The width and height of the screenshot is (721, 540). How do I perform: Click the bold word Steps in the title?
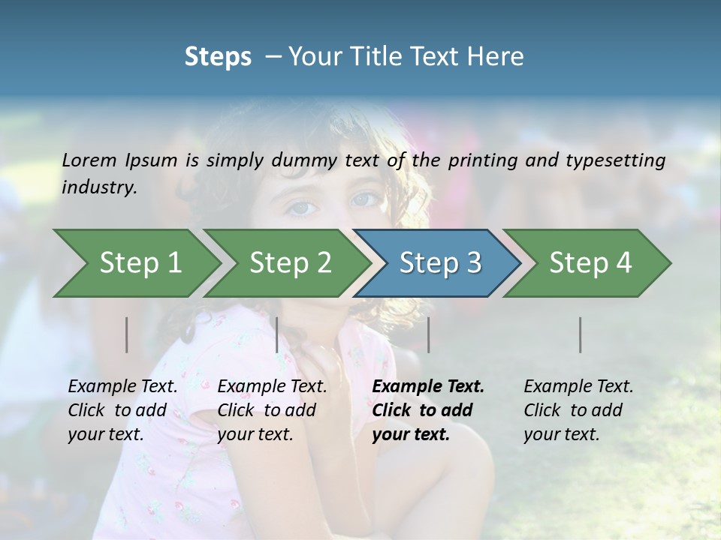[x=218, y=57]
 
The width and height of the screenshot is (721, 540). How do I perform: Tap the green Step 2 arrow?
[x=290, y=263]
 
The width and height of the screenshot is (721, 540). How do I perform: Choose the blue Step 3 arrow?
[x=440, y=263]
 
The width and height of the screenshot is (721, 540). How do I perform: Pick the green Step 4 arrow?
[x=590, y=263]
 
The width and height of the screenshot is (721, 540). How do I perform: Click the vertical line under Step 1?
[x=127, y=334]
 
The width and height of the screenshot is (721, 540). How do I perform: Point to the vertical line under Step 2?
[x=277, y=334]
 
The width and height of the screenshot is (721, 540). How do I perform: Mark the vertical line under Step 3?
[x=428, y=334]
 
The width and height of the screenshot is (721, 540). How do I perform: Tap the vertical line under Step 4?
[x=581, y=334]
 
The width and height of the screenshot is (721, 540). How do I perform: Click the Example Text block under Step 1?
[x=122, y=410]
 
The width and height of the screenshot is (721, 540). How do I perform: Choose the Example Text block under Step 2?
[x=272, y=410]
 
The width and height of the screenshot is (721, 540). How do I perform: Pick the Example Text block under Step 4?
[x=578, y=410]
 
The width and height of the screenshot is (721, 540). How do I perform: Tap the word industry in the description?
[x=99, y=187]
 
